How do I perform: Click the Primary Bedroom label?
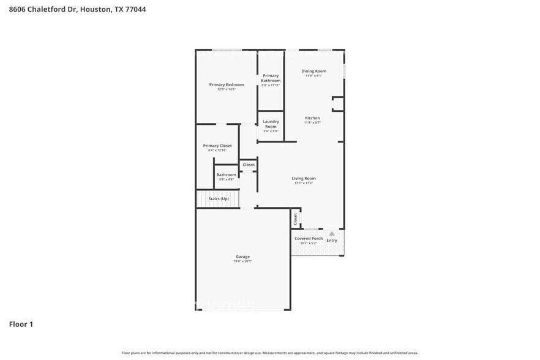(x=227, y=84)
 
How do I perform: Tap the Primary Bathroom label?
(x=271, y=78)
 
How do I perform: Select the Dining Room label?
(x=313, y=71)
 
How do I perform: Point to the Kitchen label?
(x=312, y=118)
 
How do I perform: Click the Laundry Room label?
(x=271, y=124)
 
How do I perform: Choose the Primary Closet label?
(x=217, y=146)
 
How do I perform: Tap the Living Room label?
(x=303, y=178)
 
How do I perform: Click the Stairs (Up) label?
(x=219, y=199)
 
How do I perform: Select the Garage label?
(x=242, y=257)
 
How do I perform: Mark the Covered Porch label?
(x=309, y=238)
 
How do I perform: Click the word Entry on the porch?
(x=332, y=241)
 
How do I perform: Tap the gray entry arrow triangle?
(x=332, y=233)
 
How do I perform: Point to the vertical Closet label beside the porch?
(x=295, y=217)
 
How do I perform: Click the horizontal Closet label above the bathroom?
(x=249, y=165)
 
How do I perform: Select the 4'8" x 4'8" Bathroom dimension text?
(x=226, y=179)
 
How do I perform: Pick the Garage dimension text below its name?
(x=242, y=261)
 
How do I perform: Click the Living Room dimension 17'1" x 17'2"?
(x=303, y=183)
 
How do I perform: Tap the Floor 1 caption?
(x=21, y=324)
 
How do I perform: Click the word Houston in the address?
(x=96, y=10)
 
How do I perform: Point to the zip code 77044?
(x=135, y=10)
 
